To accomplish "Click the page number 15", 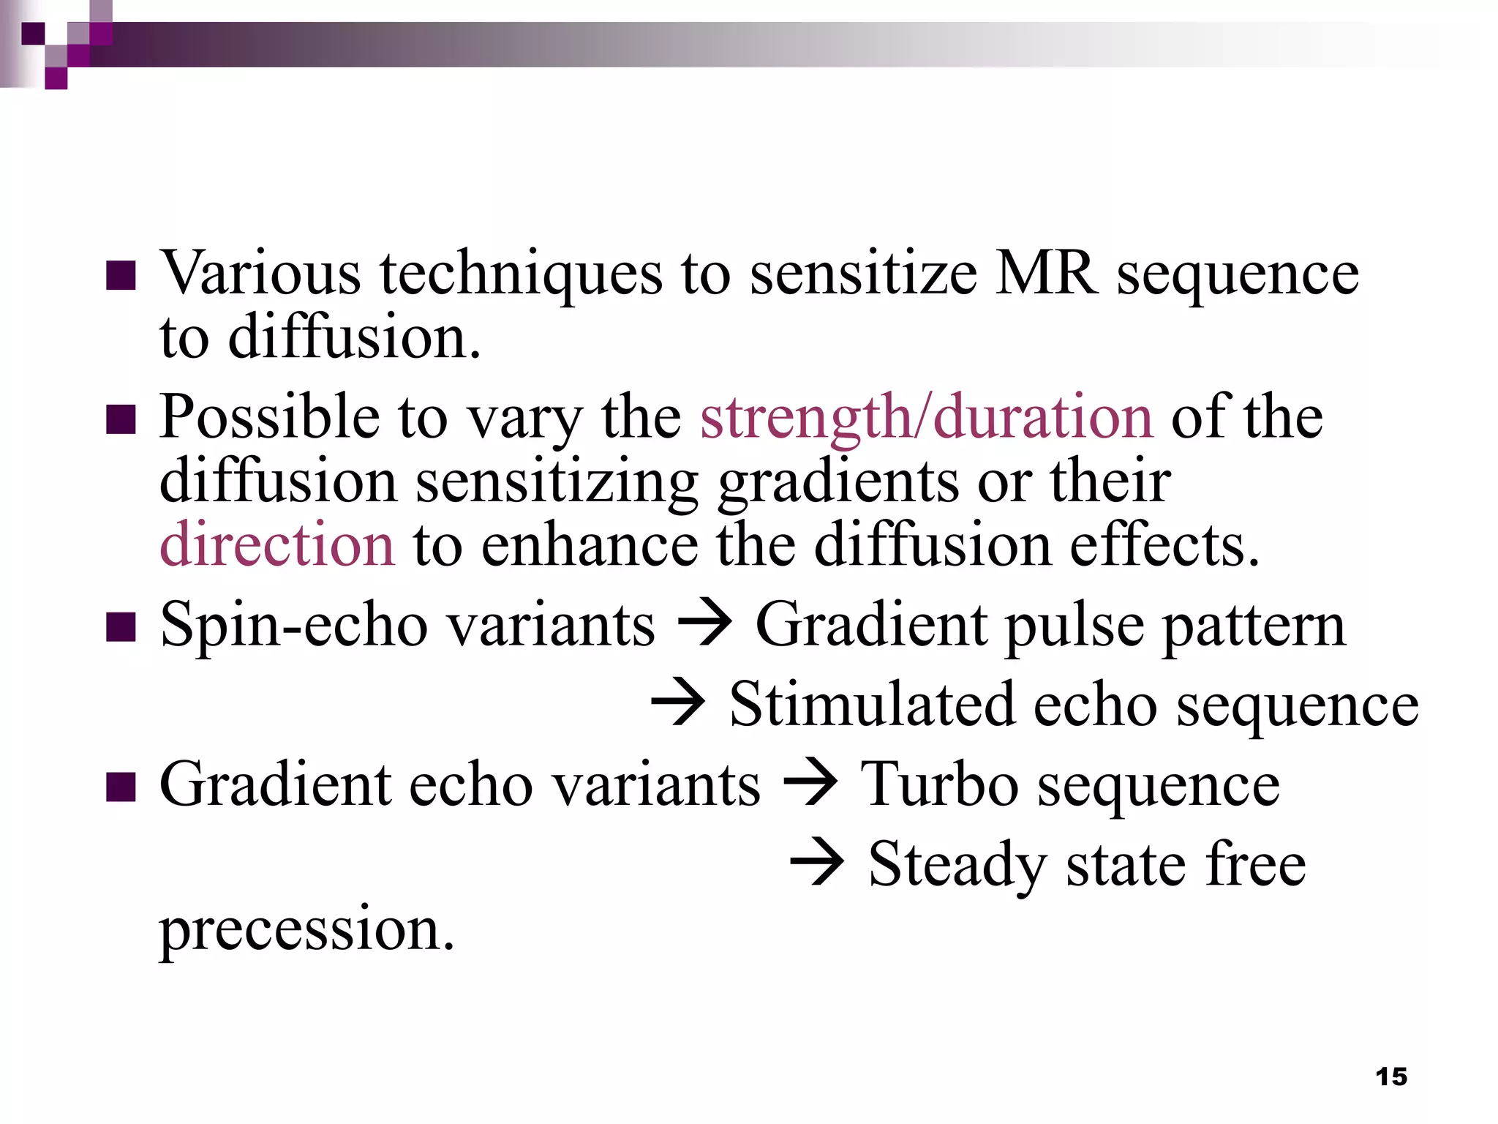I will tap(1390, 1076).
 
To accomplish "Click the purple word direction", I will tap(277, 545).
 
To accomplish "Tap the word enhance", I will tap(590, 545).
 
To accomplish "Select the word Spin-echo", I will tap(293, 626).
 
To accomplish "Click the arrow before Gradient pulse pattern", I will tap(704, 626).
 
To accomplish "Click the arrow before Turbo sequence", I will tap(810, 785).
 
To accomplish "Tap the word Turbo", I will tap(939, 784).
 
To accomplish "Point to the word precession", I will tap(307, 930).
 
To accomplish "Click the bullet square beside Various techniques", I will tap(121, 276).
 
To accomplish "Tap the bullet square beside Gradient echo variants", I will tap(121, 787).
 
